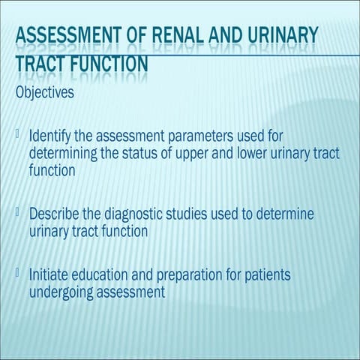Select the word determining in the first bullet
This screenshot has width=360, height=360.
coord(63,154)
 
